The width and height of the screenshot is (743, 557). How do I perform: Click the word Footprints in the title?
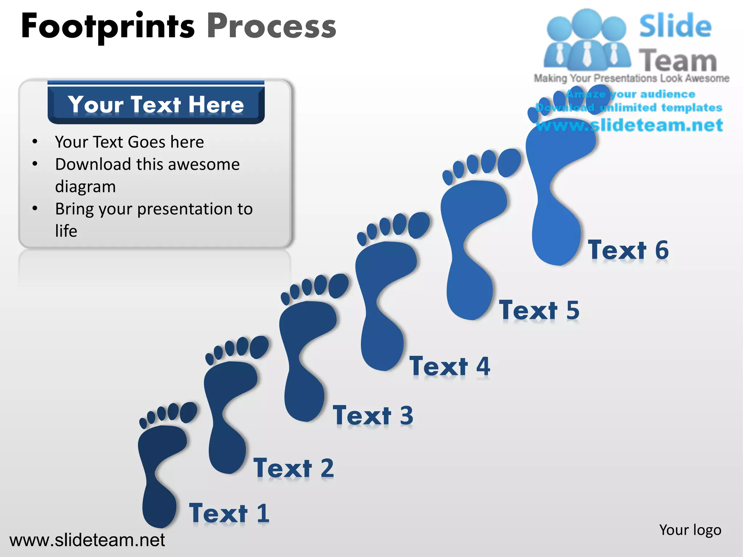pos(108,26)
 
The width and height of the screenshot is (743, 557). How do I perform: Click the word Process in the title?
pos(271,26)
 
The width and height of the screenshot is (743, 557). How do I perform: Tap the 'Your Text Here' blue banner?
pos(156,104)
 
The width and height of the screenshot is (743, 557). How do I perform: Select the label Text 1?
pos(229,513)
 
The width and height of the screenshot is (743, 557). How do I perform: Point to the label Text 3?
pos(373,416)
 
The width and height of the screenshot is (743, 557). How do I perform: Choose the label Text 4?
pos(450,366)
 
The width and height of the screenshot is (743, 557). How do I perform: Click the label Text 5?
pos(539,310)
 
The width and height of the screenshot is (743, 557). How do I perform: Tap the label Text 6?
pos(628,250)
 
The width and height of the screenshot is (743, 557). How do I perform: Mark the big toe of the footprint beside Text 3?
pos(338,286)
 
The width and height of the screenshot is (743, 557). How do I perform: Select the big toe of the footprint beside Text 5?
pos(509,163)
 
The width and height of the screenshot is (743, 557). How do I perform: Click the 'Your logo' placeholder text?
pos(690,530)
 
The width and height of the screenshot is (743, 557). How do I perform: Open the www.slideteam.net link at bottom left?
pos(87,540)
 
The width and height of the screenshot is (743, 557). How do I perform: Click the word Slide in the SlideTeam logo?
pos(675,26)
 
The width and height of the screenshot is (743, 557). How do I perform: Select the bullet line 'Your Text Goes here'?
pos(130,142)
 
